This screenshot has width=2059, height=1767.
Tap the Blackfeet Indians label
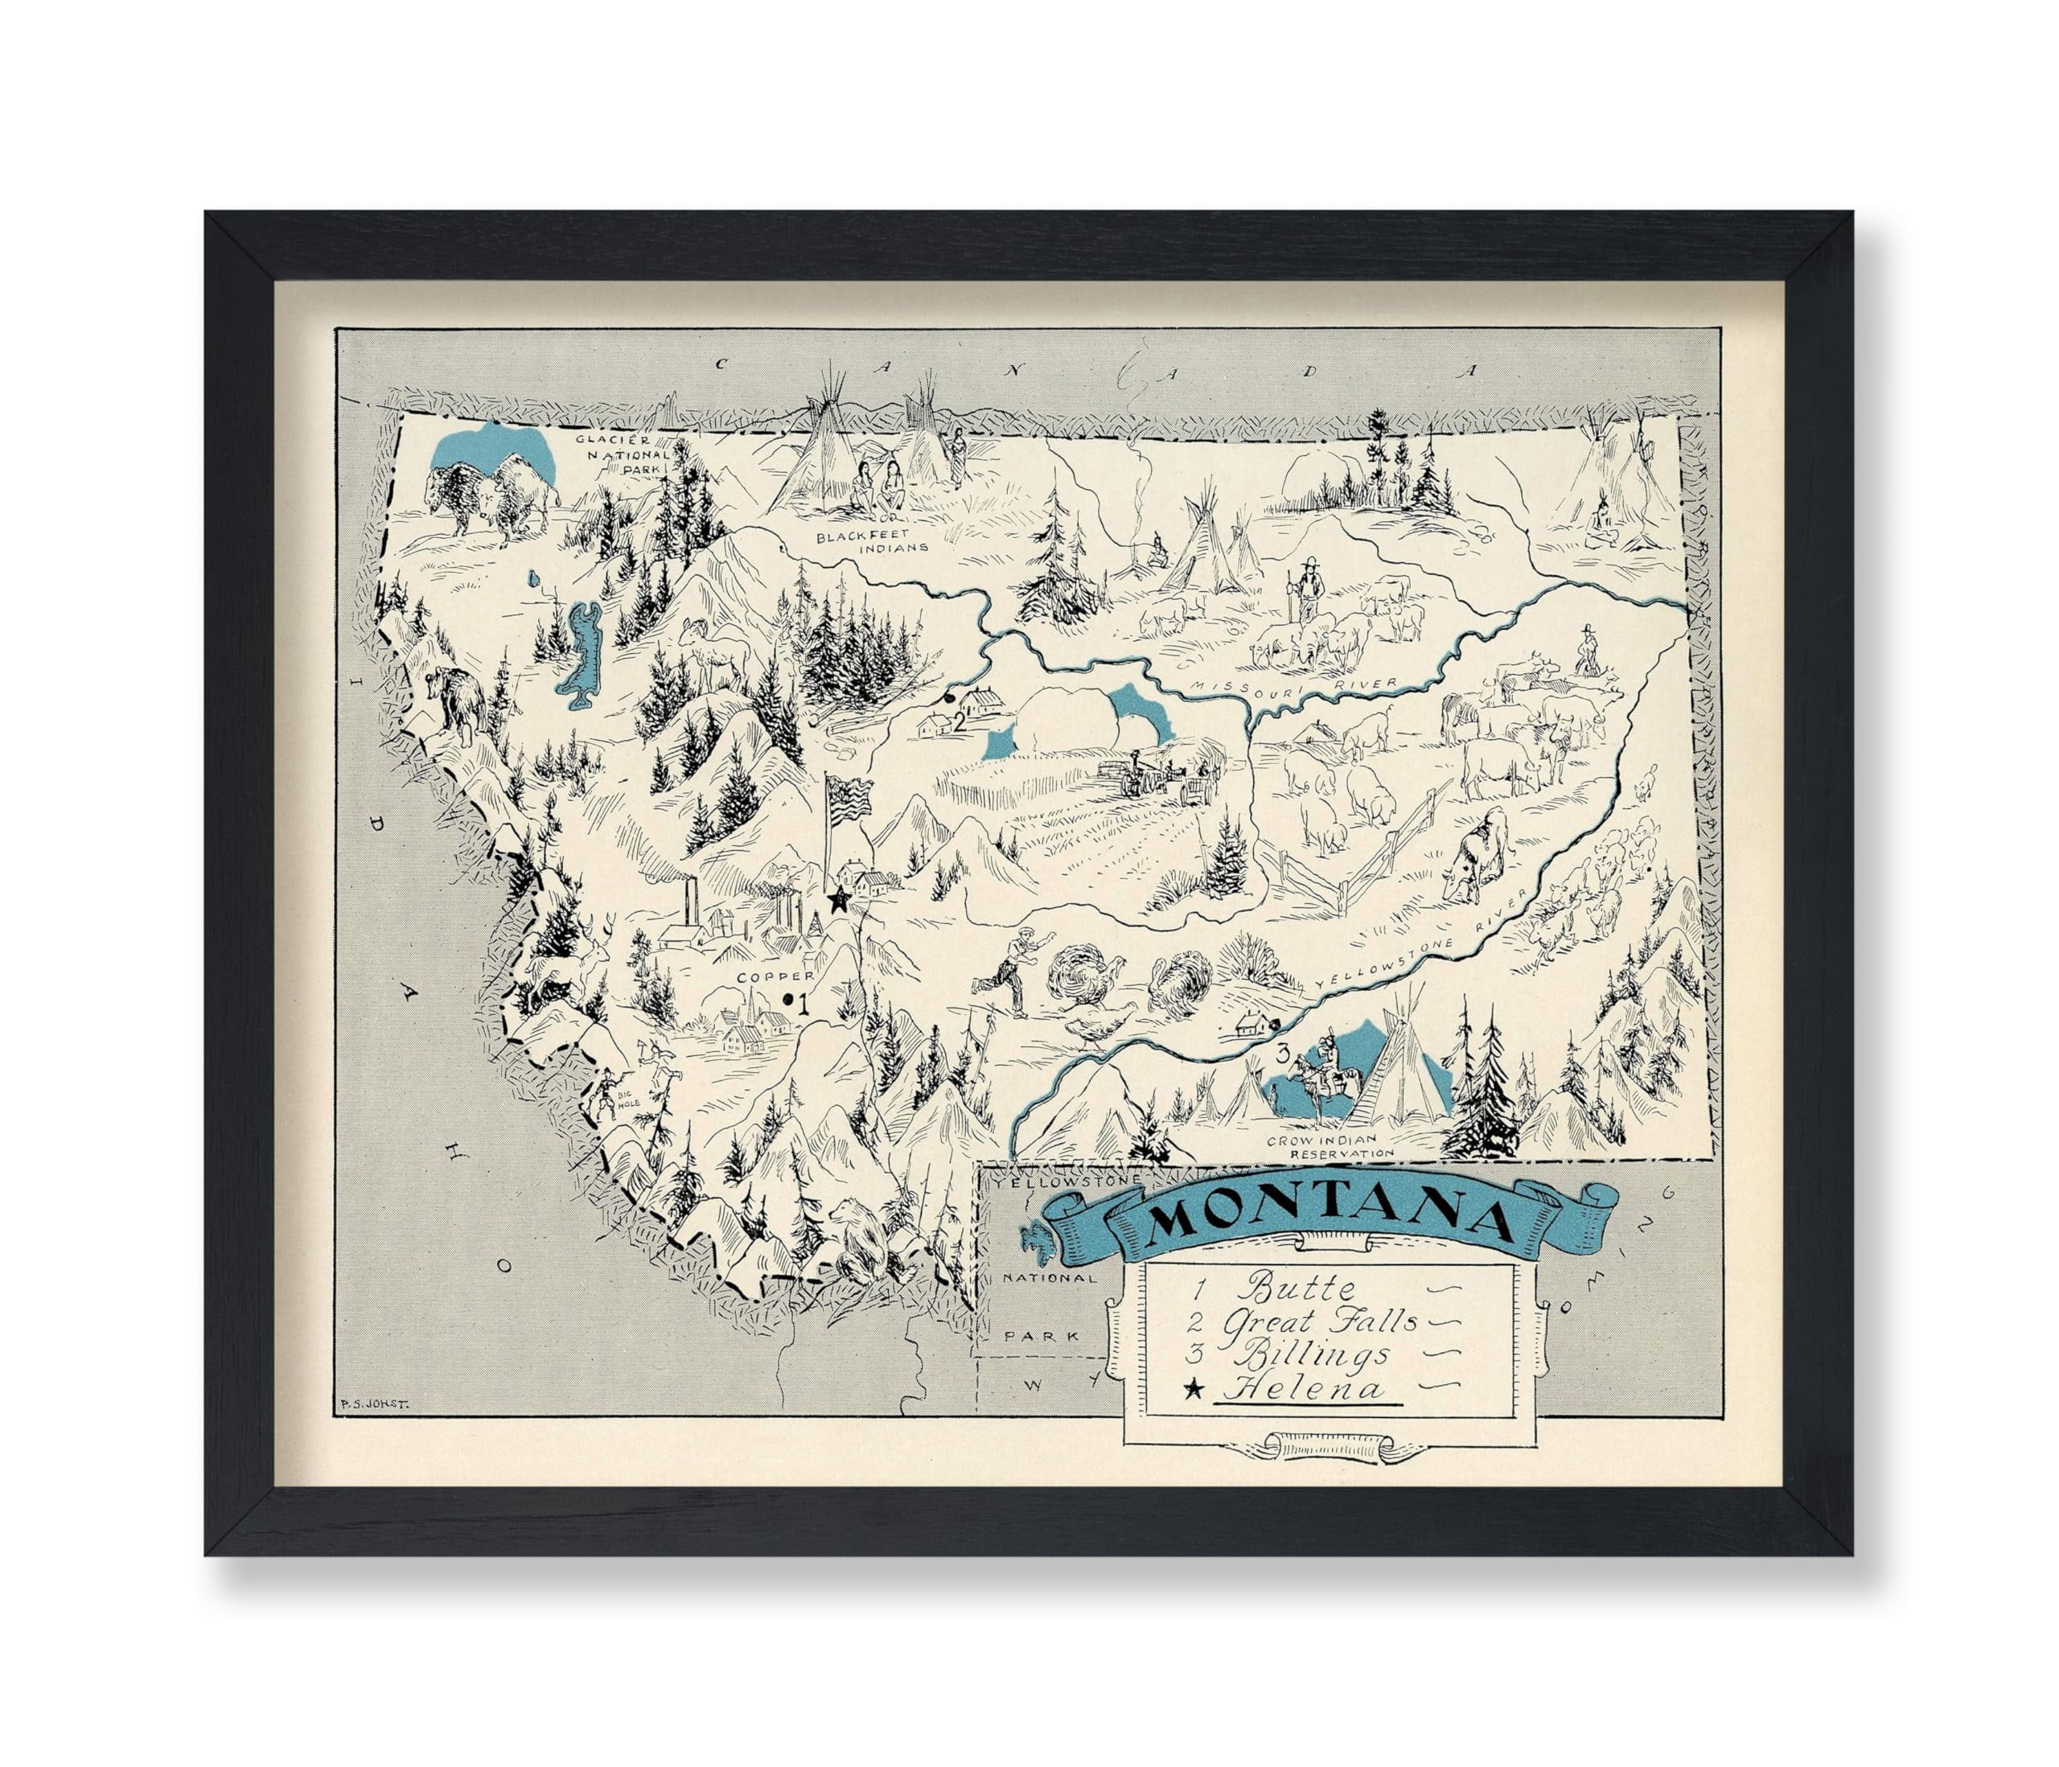click(872, 540)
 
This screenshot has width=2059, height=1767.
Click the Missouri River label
click(1292, 688)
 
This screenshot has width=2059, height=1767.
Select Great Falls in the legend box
click(1320, 1323)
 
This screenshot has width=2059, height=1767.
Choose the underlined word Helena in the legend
click(1304, 1388)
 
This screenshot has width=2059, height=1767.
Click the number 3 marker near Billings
click(1283, 1053)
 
